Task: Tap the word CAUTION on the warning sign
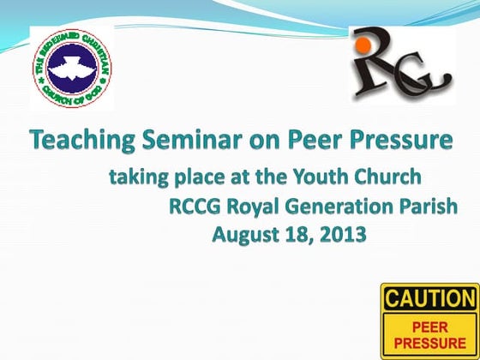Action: pos(428,299)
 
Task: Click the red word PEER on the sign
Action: pos(429,327)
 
